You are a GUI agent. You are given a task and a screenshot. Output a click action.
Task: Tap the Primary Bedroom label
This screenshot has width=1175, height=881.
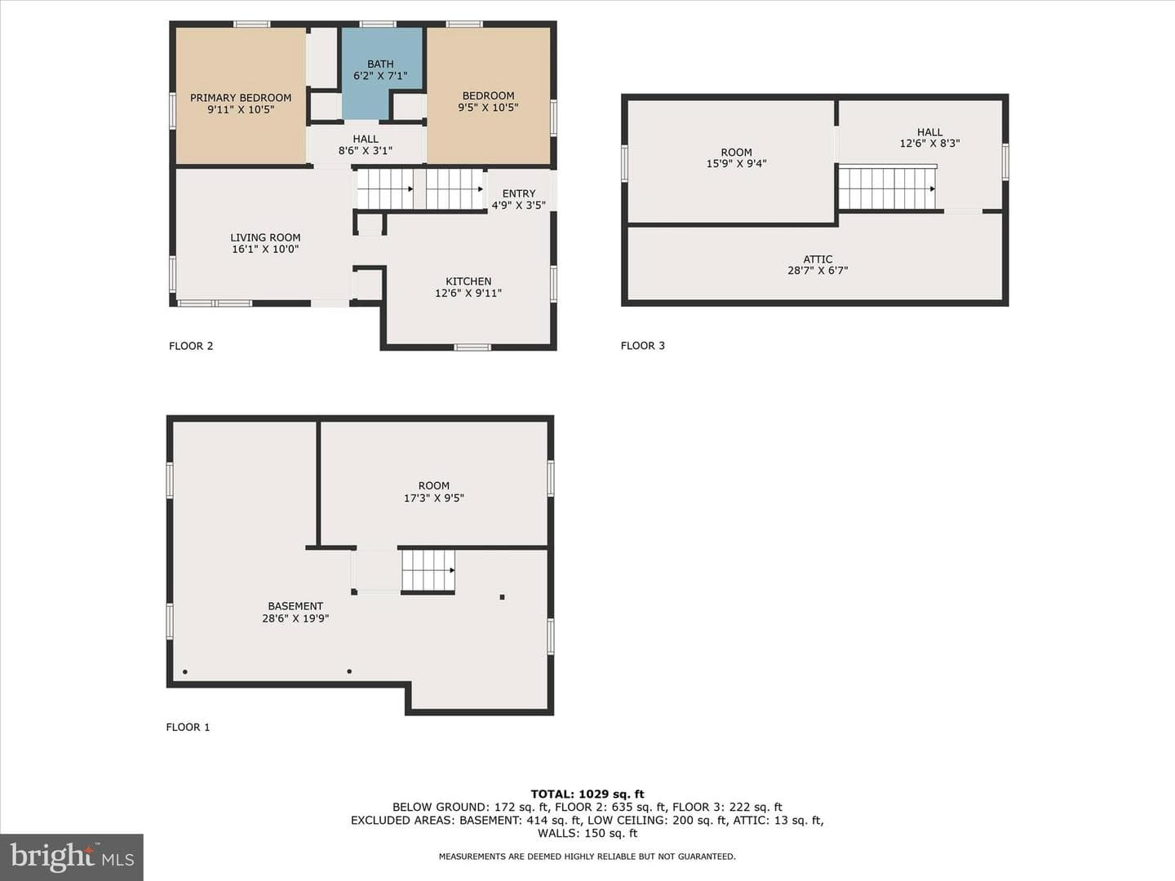(x=241, y=98)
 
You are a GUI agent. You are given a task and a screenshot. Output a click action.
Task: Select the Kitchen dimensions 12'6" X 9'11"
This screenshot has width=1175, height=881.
(x=468, y=293)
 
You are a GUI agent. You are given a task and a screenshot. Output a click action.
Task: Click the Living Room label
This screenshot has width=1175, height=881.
(x=265, y=237)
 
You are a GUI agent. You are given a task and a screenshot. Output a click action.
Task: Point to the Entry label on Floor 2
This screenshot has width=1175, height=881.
(x=519, y=193)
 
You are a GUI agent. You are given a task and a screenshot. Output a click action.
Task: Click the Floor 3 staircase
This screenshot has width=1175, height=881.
(x=888, y=188)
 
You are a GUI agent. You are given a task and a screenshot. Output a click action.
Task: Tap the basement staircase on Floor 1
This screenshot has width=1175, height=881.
(x=428, y=571)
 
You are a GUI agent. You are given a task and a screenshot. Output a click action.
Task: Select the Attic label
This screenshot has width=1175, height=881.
(x=818, y=259)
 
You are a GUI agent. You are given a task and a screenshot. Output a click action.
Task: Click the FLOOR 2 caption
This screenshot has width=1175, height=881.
(x=191, y=346)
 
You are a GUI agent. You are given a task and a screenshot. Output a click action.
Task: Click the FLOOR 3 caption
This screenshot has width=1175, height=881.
(x=643, y=346)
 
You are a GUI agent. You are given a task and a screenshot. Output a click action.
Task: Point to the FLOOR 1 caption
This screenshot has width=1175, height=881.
(x=188, y=727)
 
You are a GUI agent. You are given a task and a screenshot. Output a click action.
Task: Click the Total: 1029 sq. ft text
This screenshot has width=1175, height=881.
(x=587, y=795)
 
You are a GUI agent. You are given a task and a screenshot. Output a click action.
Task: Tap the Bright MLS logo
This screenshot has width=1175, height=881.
(x=72, y=857)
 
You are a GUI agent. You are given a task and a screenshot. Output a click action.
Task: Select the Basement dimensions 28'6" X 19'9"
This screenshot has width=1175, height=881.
(x=295, y=618)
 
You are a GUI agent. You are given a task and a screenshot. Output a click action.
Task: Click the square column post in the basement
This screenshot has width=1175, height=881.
(x=502, y=597)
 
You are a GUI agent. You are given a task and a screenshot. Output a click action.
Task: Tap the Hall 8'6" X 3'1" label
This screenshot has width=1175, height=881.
(x=366, y=145)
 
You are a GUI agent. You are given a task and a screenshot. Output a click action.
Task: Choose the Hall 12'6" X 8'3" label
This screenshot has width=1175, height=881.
(x=930, y=138)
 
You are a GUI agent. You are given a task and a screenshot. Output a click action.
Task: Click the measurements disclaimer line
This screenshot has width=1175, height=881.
(x=587, y=857)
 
